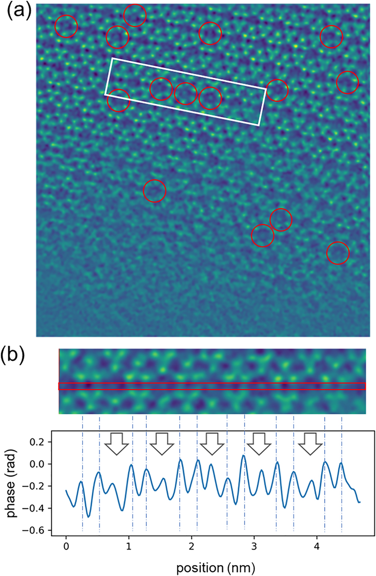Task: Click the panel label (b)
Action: pyautogui.click(x=13, y=356)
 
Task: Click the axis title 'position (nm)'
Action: pyautogui.click(x=216, y=568)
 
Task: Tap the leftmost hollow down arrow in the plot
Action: pyautogui.click(x=116, y=443)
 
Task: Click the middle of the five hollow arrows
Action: pyautogui.click(x=212, y=443)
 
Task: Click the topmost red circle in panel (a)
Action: pyautogui.click(x=135, y=15)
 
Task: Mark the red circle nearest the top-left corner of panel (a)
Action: pyautogui.click(x=66, y=26)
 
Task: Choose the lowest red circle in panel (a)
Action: pyautogui.click(x=338, y=253)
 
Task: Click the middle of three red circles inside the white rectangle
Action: pyautogui.click(x=186, y=93)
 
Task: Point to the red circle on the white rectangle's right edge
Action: pyautogui.click(x=277, y=90)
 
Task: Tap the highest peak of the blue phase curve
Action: pyautogui.click(x=243, y=456)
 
